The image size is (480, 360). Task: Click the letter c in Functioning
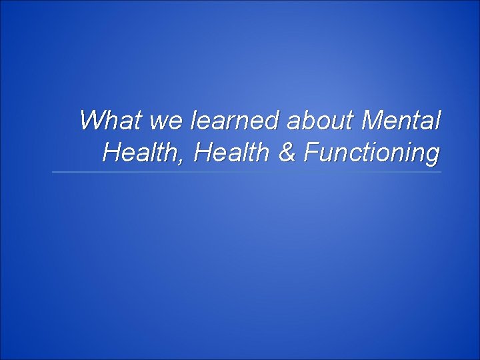click(349, 155)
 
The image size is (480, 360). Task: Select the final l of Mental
click(437, 121)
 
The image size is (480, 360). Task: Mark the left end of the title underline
click(53, 172)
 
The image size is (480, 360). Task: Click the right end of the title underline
click(441, 172)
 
